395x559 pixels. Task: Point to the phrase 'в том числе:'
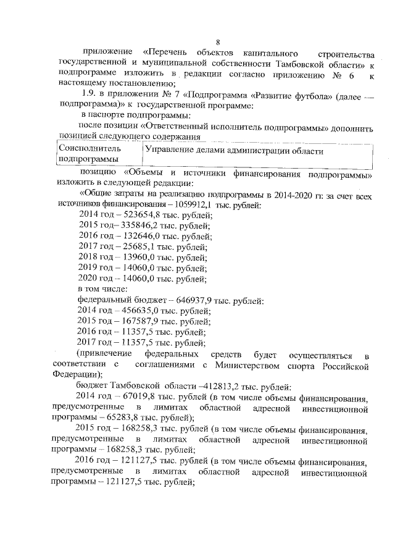pos(102,289)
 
